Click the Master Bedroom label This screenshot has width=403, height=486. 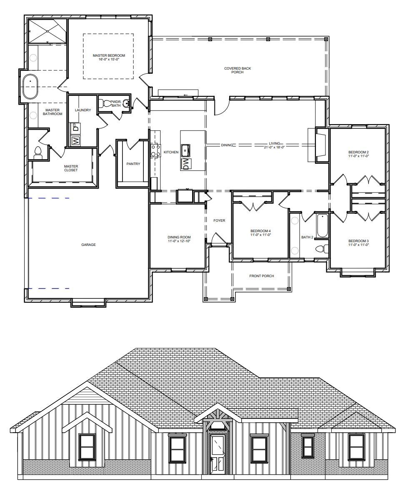tap(109, 55)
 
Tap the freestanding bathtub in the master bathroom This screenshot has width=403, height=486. tap(30, 86)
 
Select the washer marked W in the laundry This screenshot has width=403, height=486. tap(75, 141)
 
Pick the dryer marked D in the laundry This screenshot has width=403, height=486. tap(75, 128)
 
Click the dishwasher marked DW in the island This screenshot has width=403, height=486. tap(186, 164)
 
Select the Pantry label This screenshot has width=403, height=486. tap(133, 164)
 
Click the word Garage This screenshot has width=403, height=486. tap(88, 245)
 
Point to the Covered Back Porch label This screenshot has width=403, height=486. tap(238, 70)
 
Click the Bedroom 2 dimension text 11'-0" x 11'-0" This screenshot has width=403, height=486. tap(358, 156)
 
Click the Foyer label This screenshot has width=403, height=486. tap(219, 220)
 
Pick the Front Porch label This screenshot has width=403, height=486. tap(262, 276)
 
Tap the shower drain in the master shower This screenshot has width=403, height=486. tap(48, 31)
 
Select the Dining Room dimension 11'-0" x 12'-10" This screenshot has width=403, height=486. tap(179, 241)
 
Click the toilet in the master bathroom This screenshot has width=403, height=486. tap(38, 153)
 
